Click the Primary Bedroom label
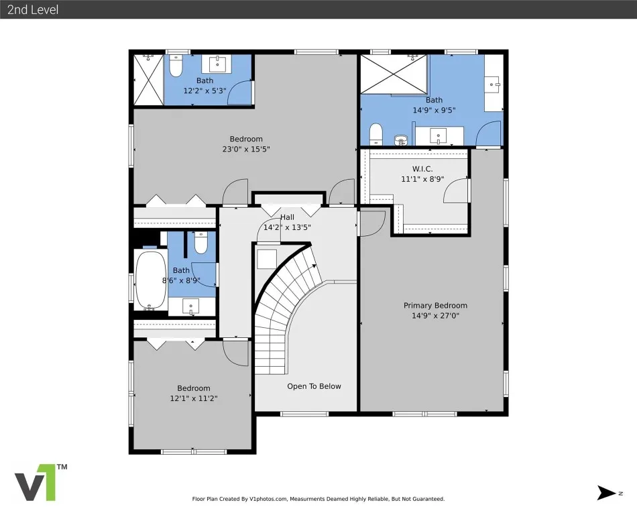tap(435, 305)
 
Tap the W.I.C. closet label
tap(422, 169)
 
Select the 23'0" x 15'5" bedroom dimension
tap(246, 149)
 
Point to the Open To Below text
tap(314, 386)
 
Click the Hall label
tap(287, 217)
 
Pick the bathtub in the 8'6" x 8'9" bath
tap(151, 280)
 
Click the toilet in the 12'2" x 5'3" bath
tap(176, 66)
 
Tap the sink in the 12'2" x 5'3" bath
tap(218, 64)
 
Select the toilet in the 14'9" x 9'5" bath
tap(376, 134)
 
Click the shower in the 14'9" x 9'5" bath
tap(393, 74)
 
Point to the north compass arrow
tap(607, 493)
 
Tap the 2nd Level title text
tap(33, 10)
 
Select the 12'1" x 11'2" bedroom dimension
tap(193, 398)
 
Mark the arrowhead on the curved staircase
tap(314, 266)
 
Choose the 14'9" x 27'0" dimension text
tap(435, 316)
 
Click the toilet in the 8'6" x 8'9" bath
tap(200, 243)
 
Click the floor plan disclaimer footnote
tap(318, 499)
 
